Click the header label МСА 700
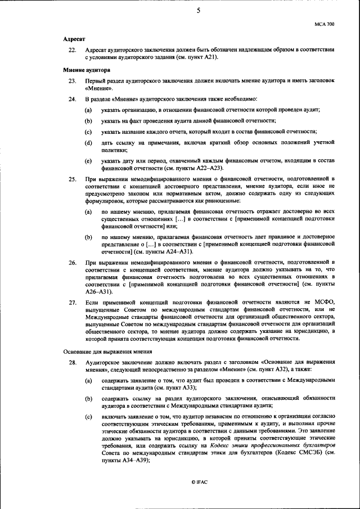tap(325, 25)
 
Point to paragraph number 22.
tap(71, 50)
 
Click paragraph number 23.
tap(71, 82)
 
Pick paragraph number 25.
tap(71, 179)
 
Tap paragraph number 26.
tap(71, 262)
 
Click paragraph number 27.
tap(71, 303)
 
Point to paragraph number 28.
tap(71, 362)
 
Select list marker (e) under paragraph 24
tap(88, 161)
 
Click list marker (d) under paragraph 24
tap(88, 143)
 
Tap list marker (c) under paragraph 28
tap(88, 416)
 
